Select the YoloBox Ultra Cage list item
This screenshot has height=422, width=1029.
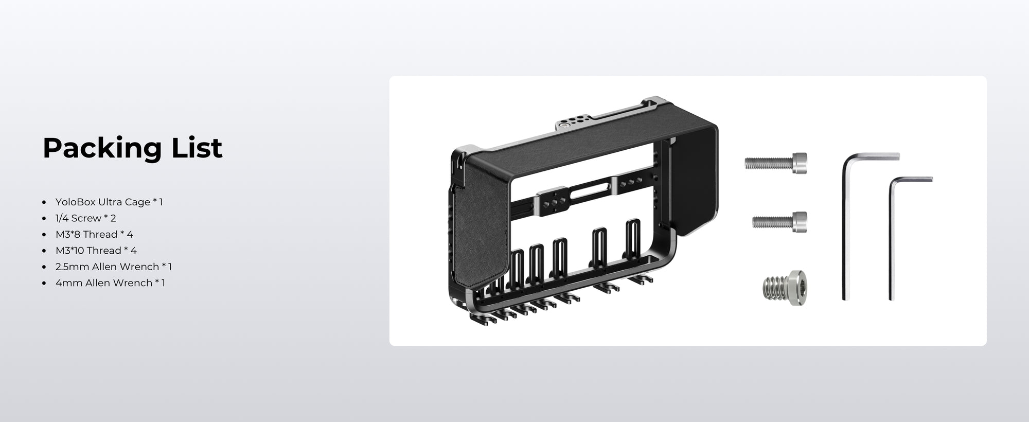click(x=109, y=202)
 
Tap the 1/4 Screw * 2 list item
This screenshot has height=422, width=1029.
click(x=86, y=218)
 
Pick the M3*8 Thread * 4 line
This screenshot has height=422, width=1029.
click(x=94, y=234)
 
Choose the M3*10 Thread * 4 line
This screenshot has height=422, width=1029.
click(x=96, y=251)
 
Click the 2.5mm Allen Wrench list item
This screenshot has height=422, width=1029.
click(x=114, y=267)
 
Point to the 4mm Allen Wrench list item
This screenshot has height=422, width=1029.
click(x=110, y=283)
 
